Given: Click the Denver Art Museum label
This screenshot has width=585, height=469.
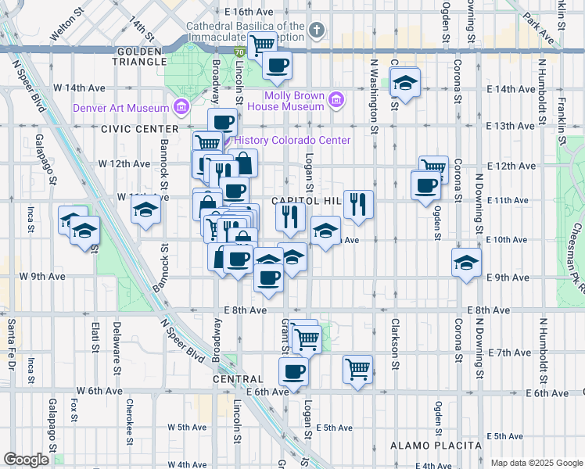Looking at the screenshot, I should [x=121, y=108].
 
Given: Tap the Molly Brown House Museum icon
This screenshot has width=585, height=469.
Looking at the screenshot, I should [x=336, y=99].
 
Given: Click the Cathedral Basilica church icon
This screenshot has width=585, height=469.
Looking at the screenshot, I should [x=316, y=30].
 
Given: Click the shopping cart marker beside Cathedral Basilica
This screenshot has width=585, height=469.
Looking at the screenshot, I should [x=262, y=45].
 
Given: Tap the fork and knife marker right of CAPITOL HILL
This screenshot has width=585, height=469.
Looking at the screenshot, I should [x=358, y=204].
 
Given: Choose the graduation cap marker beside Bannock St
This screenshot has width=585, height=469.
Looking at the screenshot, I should [x=145, y=210].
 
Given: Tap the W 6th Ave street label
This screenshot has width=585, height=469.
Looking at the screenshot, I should [x=99, y=390].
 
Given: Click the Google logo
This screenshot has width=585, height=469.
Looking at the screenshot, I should [x=26, y=460].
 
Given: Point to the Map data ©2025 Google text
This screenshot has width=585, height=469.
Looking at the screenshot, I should [x=536, y=463].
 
